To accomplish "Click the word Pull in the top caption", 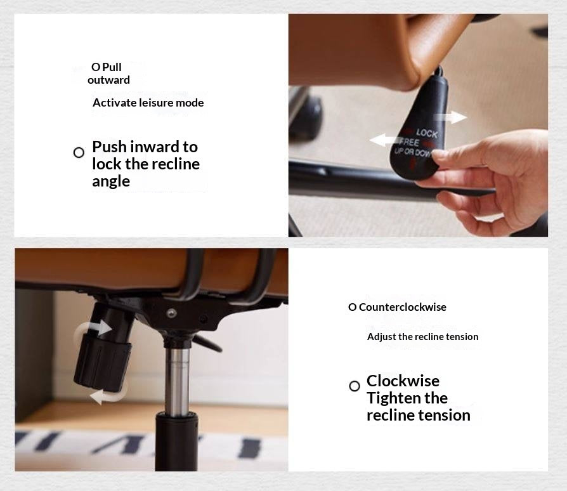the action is (112, 67).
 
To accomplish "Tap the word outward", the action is (108, 80).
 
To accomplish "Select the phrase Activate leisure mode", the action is (148, 103).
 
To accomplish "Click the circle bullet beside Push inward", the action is (79, 153).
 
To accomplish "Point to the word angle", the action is (110, 181).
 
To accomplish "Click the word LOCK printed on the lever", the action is (427, 133).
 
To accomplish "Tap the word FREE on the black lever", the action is (410, 141).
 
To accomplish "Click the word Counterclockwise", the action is (403, 307).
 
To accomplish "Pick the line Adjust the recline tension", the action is (423, 337).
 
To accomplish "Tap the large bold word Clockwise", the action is (403, 381).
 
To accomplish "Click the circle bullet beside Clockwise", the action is (355, 386).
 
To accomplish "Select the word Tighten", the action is (393, 398).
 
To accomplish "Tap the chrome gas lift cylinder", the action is (177, 382).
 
